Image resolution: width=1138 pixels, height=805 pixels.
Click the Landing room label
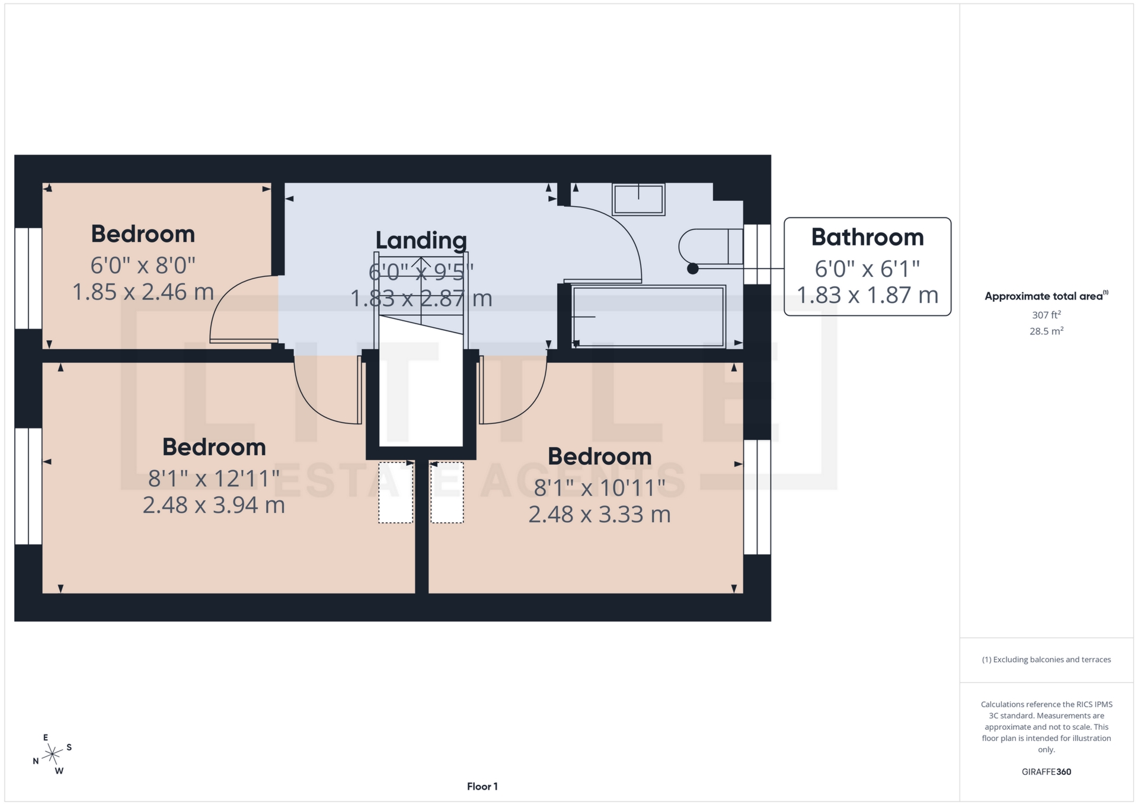(x=421, y=240)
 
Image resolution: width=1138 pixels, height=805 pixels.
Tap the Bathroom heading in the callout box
(x=867, y=237)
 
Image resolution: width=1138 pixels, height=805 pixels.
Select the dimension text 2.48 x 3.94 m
(x=214, y=505)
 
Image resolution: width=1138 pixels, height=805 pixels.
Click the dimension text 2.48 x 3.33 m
(x=599, y=514)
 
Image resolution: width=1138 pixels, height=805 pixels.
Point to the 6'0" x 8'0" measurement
(x=143, y=265)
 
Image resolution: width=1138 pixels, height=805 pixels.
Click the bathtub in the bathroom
(x=648, y=316)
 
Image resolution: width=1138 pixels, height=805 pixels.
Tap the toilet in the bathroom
(x=709, y=246)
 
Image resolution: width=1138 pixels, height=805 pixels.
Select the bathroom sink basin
(x=638, y=199)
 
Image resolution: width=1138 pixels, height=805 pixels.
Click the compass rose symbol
(x=53, y=755)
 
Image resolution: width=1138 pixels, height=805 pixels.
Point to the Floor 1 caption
(x=482, y=787)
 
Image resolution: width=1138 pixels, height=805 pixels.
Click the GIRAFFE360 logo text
(x=1046, y=772)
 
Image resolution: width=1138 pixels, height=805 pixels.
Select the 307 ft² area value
(x=1046, y=315)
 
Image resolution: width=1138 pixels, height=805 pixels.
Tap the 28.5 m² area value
(x=1046, y=331)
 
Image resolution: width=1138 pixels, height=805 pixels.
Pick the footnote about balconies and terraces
(x=1046, y=659)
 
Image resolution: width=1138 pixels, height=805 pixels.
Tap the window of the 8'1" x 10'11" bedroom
(x=757, y=497)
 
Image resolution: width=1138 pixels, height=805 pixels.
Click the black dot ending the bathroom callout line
(x=692, y=269)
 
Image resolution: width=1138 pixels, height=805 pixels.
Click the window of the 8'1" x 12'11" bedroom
(x=28, y=486)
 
